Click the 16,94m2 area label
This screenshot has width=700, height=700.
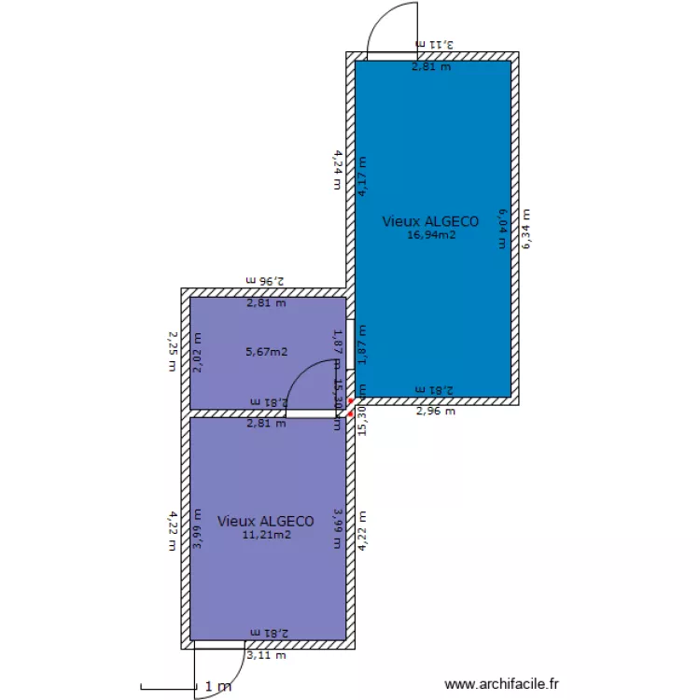point(430,235)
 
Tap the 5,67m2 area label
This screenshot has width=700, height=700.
point(266,352)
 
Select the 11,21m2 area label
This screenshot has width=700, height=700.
point(266,535)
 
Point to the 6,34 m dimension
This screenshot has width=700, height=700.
point(528,228)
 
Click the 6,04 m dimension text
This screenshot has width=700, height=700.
point(501,228)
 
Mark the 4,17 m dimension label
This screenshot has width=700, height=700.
point(361,177)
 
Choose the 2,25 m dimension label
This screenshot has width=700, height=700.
point(172,349)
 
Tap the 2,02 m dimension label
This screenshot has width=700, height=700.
point(197,354)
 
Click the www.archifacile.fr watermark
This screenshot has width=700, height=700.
point(501,685)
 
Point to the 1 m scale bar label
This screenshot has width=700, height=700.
point(217,687)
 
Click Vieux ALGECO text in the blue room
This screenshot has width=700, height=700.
point(430,221)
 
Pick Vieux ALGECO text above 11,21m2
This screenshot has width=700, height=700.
point(266,521)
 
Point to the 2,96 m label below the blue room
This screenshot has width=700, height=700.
point(435,411)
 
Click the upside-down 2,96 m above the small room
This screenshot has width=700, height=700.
point(265,279)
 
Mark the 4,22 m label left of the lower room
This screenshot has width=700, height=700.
point(172,530)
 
